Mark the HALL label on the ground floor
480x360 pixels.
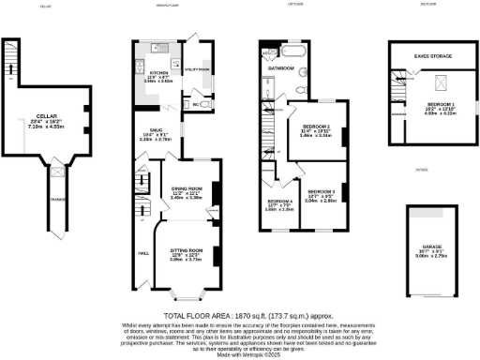(x=144, y=253)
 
